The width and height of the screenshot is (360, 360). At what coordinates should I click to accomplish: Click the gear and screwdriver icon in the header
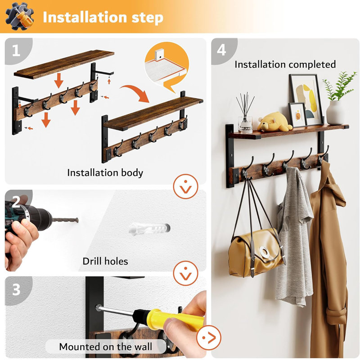coord(19,17)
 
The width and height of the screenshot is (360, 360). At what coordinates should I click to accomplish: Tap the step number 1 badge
coord(16,50)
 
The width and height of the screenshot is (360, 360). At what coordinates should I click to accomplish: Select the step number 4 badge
coord(221,50)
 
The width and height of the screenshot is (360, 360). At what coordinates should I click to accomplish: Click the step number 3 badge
coord(16,289)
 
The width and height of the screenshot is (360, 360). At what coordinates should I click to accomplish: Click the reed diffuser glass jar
coord(245,125)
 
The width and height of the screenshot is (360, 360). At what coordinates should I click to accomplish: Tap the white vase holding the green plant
coord(335,112)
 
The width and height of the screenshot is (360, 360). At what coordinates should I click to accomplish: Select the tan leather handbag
coord(255,252)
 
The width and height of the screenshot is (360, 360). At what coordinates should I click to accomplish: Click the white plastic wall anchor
coord(149,229)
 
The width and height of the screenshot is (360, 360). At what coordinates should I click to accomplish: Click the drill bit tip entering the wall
coord(77,220)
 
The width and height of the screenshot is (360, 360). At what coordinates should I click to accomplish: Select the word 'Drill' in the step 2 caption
coord(93,261)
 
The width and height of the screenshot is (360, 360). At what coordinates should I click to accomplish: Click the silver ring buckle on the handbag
coord(265,252)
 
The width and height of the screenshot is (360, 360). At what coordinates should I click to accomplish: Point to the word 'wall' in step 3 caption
coord(143,346)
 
